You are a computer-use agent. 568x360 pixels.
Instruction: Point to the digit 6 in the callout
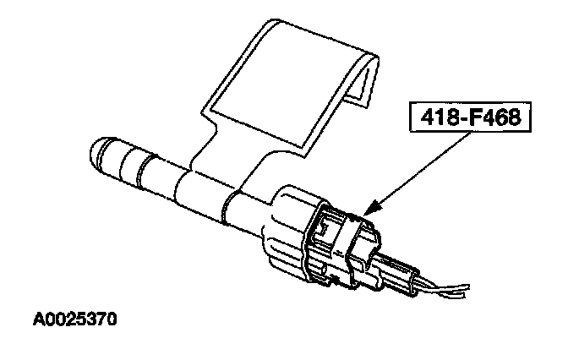click(x=500, y=118)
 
